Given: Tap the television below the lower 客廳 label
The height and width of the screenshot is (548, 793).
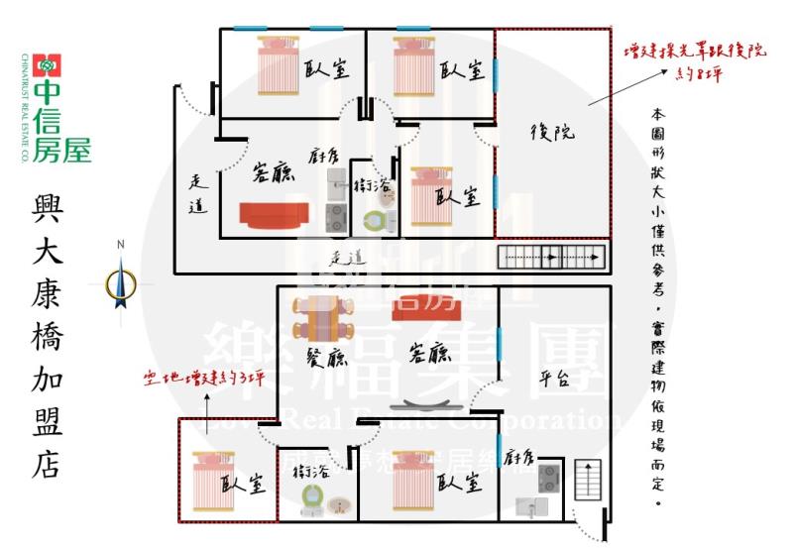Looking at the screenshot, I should click(x=426, y=406).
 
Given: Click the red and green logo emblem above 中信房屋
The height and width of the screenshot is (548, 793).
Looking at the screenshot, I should click(x=47, y=66).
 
